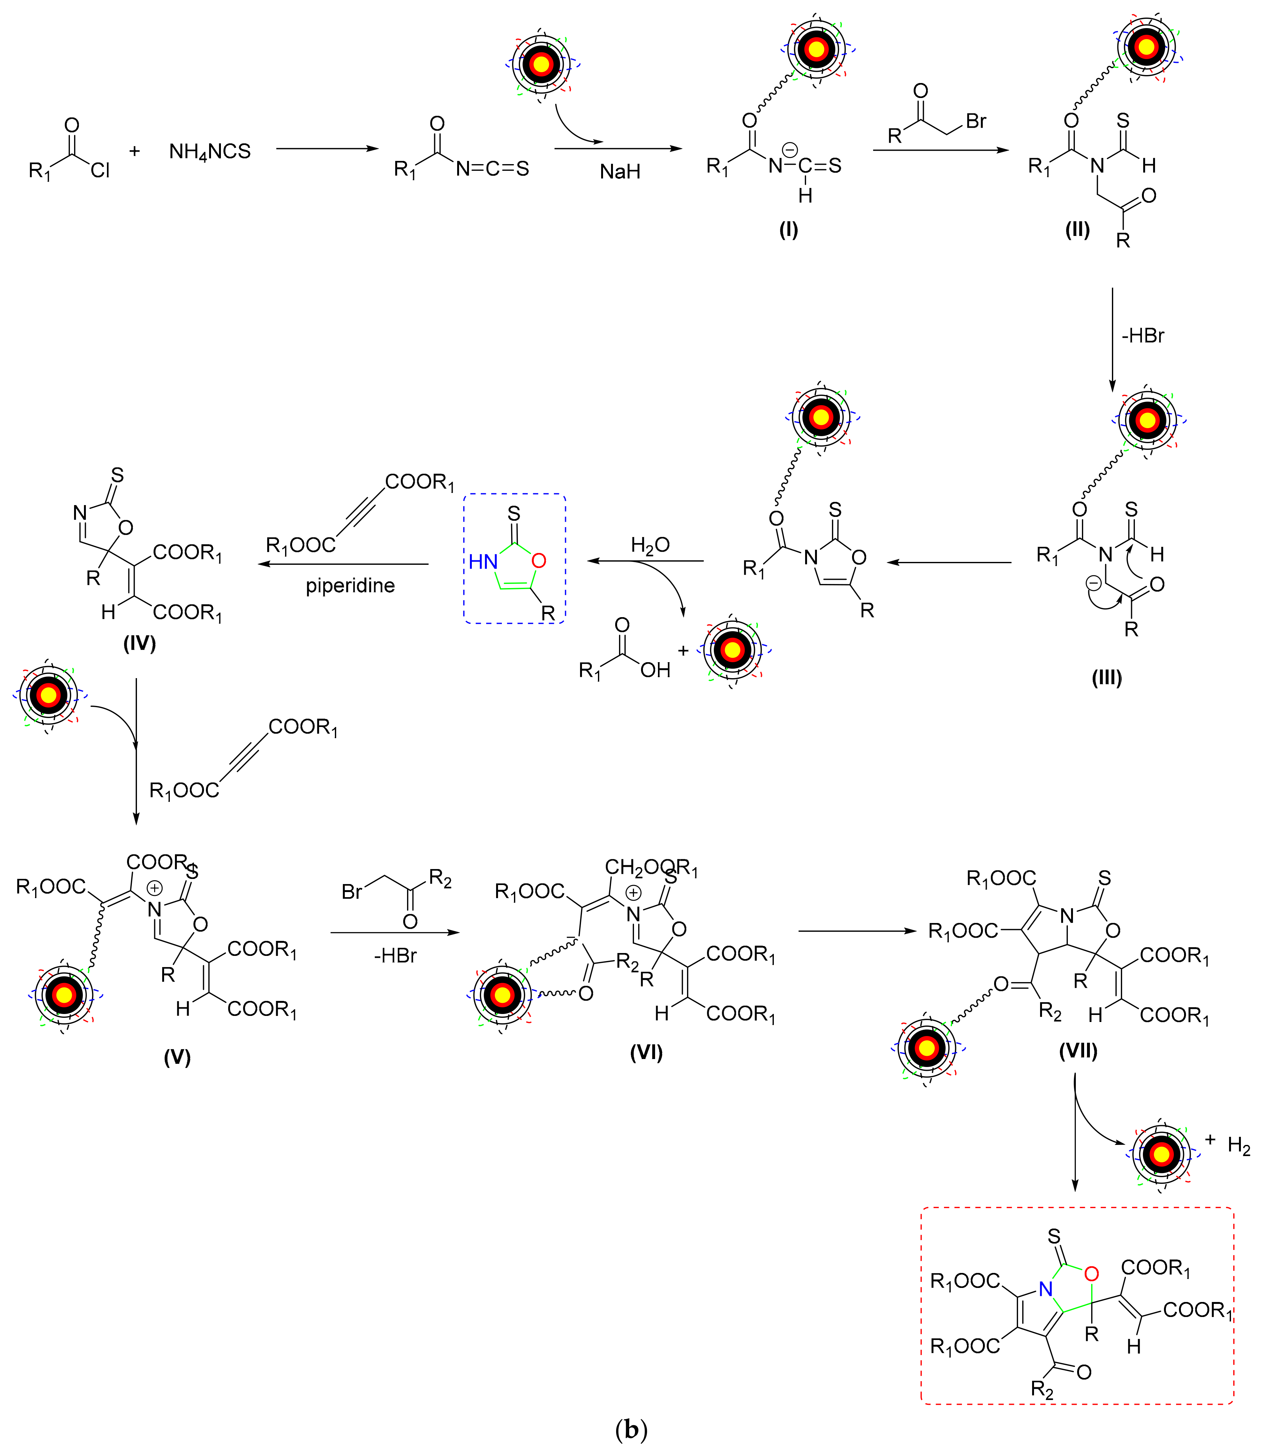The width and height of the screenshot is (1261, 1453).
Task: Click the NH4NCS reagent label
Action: (x=210, y=152)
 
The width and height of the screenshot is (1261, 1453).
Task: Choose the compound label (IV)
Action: (x=139, y=643)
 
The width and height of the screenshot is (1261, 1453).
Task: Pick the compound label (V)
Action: (x=177, y=1057)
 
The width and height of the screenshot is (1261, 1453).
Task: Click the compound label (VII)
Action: (x=1078, y=1051)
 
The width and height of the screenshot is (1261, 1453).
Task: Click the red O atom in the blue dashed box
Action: (x=539, y=561)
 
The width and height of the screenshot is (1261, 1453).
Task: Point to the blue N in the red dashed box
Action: (x=1046, y=1290)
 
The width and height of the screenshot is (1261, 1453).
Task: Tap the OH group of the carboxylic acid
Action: (x=655, y=670)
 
